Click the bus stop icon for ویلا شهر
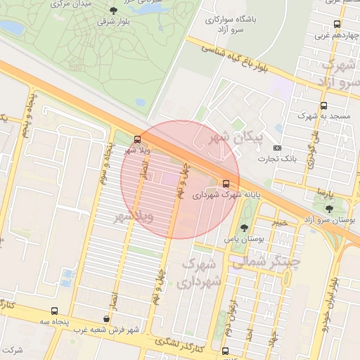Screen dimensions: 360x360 (137, 139)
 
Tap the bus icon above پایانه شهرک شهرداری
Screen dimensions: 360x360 (225, 184)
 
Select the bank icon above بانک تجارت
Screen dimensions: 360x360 (277, 148)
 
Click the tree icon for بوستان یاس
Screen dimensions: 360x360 (243, 228)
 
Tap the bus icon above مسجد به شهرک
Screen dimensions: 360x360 (323, 105)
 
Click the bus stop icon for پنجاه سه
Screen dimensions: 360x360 (54, 311)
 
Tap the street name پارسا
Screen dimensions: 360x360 (323, 191)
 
